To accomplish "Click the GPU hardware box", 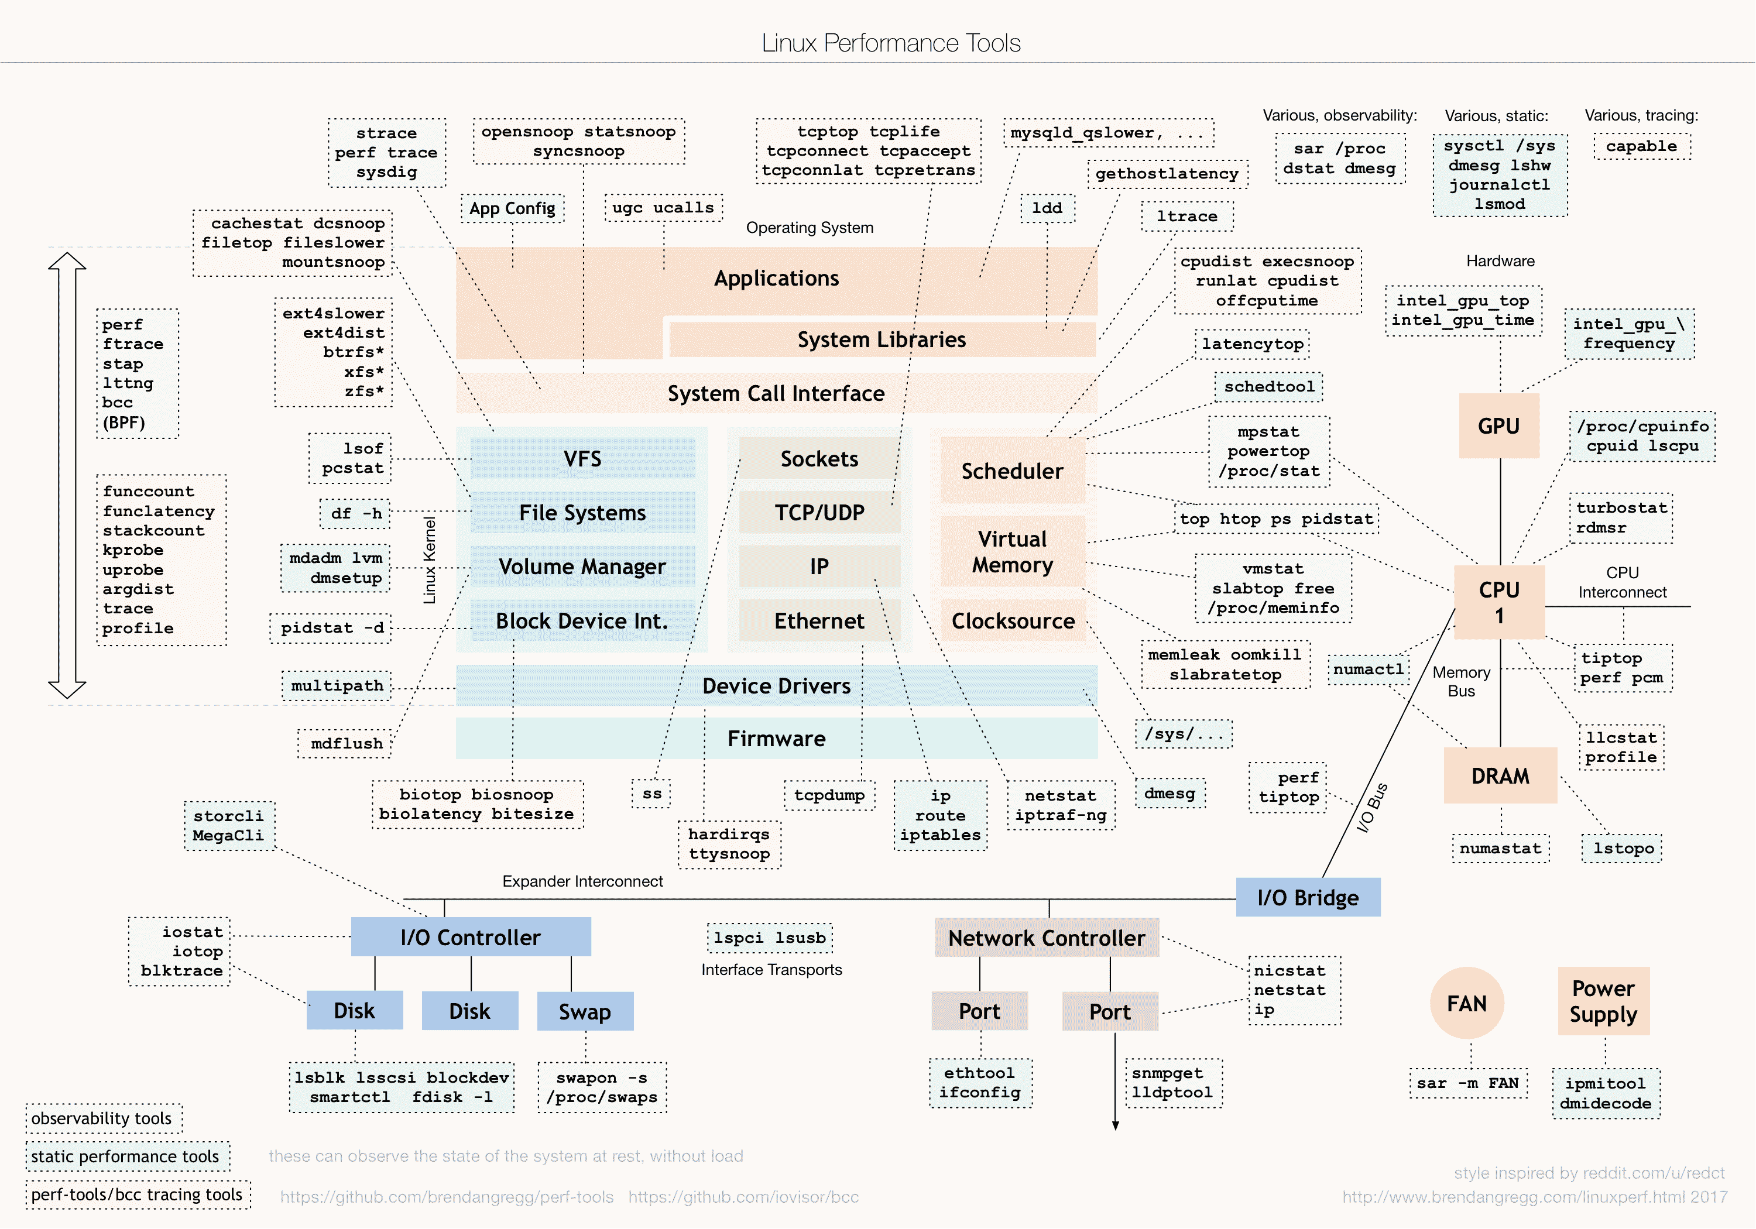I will (1498, 426).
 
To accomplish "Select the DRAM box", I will (1500, 775).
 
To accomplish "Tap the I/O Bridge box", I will (1307, 897).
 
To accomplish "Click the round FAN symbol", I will (1466, 1003).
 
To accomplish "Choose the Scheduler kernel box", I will (1012, 471).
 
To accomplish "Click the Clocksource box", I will (1013, 620).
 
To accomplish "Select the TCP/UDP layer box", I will (819, 513).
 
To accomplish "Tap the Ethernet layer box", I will (819, 620).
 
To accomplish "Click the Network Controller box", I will (1046, 938).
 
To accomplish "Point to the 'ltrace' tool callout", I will (1186, 217).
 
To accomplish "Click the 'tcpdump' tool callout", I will (829, 795).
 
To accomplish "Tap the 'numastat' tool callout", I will (1500, 848).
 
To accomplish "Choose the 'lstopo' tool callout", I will (1623, 848).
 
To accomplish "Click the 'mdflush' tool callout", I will (346, 743).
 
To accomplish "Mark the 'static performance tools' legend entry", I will (125, 1156).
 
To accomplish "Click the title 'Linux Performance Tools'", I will (891, 43).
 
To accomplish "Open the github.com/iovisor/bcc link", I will (743, 1197).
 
